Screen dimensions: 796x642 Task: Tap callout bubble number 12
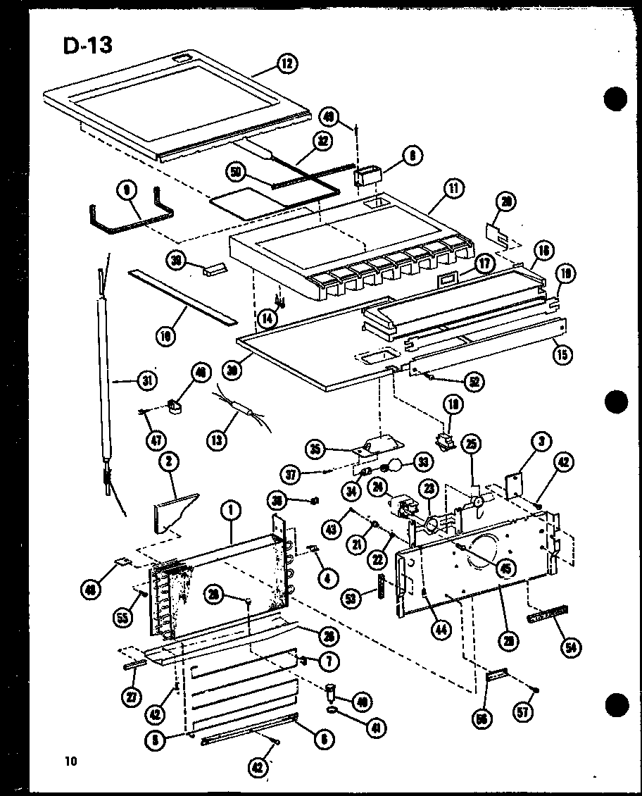pyautogui.click(x=286, y=64)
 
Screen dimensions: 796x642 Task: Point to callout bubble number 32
pyautogui.click(x=322, y=140)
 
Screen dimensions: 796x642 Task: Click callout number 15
pyautogui.click(x=561, y=350)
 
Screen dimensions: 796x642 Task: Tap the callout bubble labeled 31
pyautogui.click(x=146, y=382)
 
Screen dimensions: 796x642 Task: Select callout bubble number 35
pyautogui.click(x=317, y=448)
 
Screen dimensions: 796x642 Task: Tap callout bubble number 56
pyautogui.click(x=482, y=718)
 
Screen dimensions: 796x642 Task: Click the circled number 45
pyautogui.click(x=504, y=566)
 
